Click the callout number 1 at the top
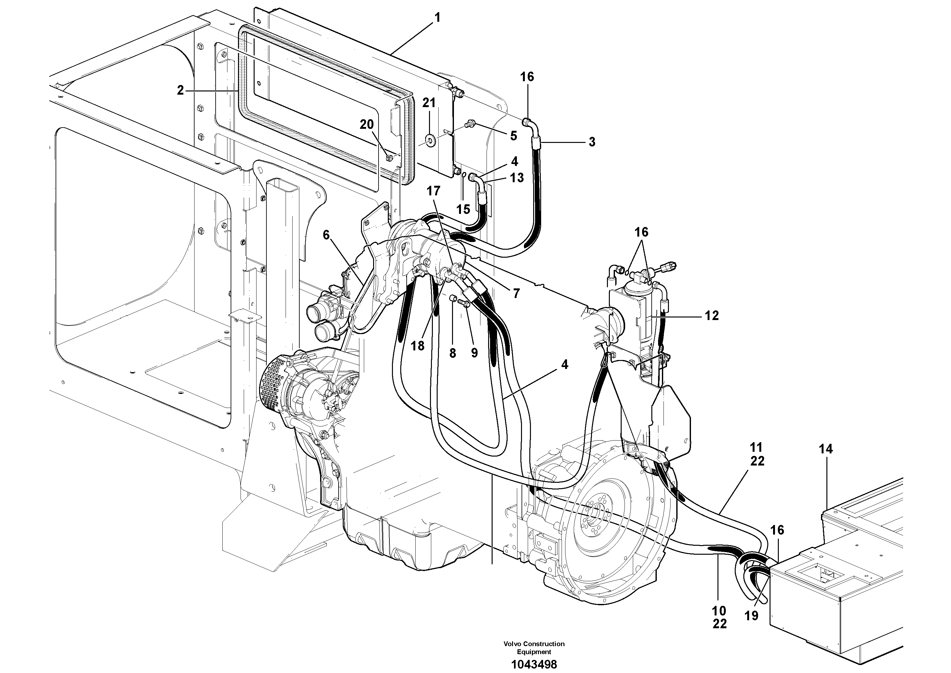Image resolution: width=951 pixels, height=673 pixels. [437, 18]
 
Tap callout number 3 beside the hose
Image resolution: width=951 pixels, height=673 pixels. [592, 142]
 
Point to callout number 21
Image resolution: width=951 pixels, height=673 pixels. [429, 103]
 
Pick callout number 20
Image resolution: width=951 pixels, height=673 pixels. [366, 124]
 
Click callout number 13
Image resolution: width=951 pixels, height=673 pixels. [517, 177]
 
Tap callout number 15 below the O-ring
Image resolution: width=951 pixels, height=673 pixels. [463, 209]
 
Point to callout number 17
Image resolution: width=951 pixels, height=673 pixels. [434, 191]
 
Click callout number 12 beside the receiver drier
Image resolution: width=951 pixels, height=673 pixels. [712, 316]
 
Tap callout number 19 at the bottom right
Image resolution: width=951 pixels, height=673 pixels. [751, 616]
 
